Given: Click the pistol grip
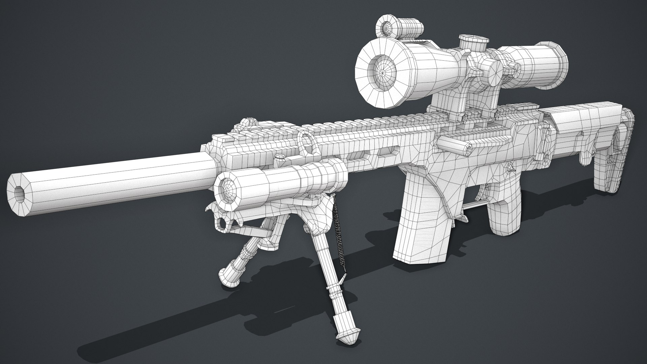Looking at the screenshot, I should (x=504, y=216).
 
